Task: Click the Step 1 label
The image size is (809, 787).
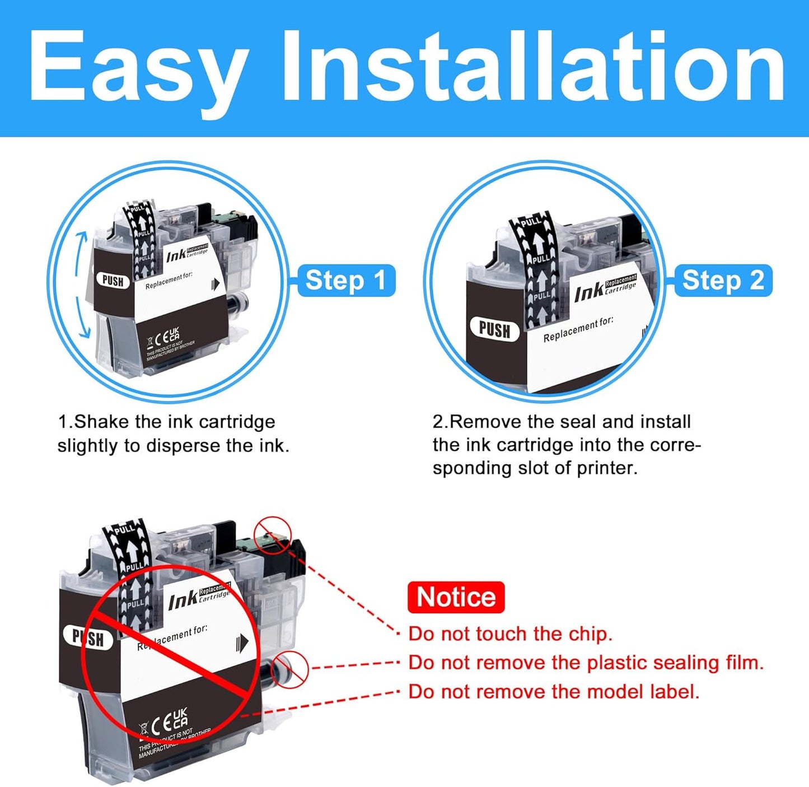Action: (345, 280)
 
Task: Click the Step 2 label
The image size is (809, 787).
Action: (723, 280)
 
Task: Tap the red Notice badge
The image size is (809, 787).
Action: (456, 597)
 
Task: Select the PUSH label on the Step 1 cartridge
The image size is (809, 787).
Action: (113, 281)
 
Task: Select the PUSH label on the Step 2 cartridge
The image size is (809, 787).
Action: (494, 329)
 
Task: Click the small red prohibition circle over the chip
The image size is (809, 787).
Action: (273, 534)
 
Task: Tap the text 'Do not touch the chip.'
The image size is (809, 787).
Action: (510, 634)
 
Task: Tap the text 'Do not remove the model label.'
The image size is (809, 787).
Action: (554, 692)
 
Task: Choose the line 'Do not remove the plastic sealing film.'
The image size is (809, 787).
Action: (586, 663)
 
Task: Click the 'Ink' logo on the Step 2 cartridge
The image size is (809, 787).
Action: (589, 292)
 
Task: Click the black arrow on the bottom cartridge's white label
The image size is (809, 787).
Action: (242, 643)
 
